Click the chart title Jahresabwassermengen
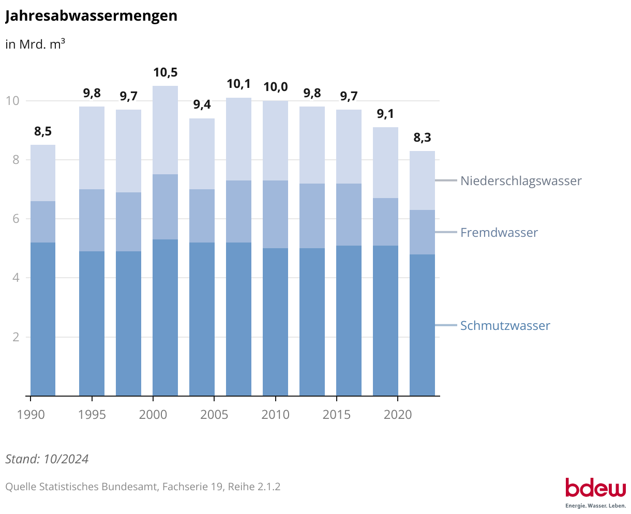[x=91, y=16]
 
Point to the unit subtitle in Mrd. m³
[x=35, y=44]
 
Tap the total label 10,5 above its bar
[x=165, y=72]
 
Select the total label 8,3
[x=422, y=138]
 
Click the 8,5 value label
[x=43, y=132]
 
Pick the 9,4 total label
[x=202, y=105]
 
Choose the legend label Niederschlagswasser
[x=521, y=181]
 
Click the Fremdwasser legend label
[x=499, y=233]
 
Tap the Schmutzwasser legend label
[x=505, y=326]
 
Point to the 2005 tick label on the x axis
[x=214, y=415]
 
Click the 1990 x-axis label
[x=31, y=415]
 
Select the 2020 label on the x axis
[x=397, y=415]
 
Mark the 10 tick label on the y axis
[x=12, y=101]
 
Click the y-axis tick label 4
[x=16, y=278]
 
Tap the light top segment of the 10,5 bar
[x=165, y=130]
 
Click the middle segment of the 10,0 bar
[x=275, y=214]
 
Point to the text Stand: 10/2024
[x=47, y=459]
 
